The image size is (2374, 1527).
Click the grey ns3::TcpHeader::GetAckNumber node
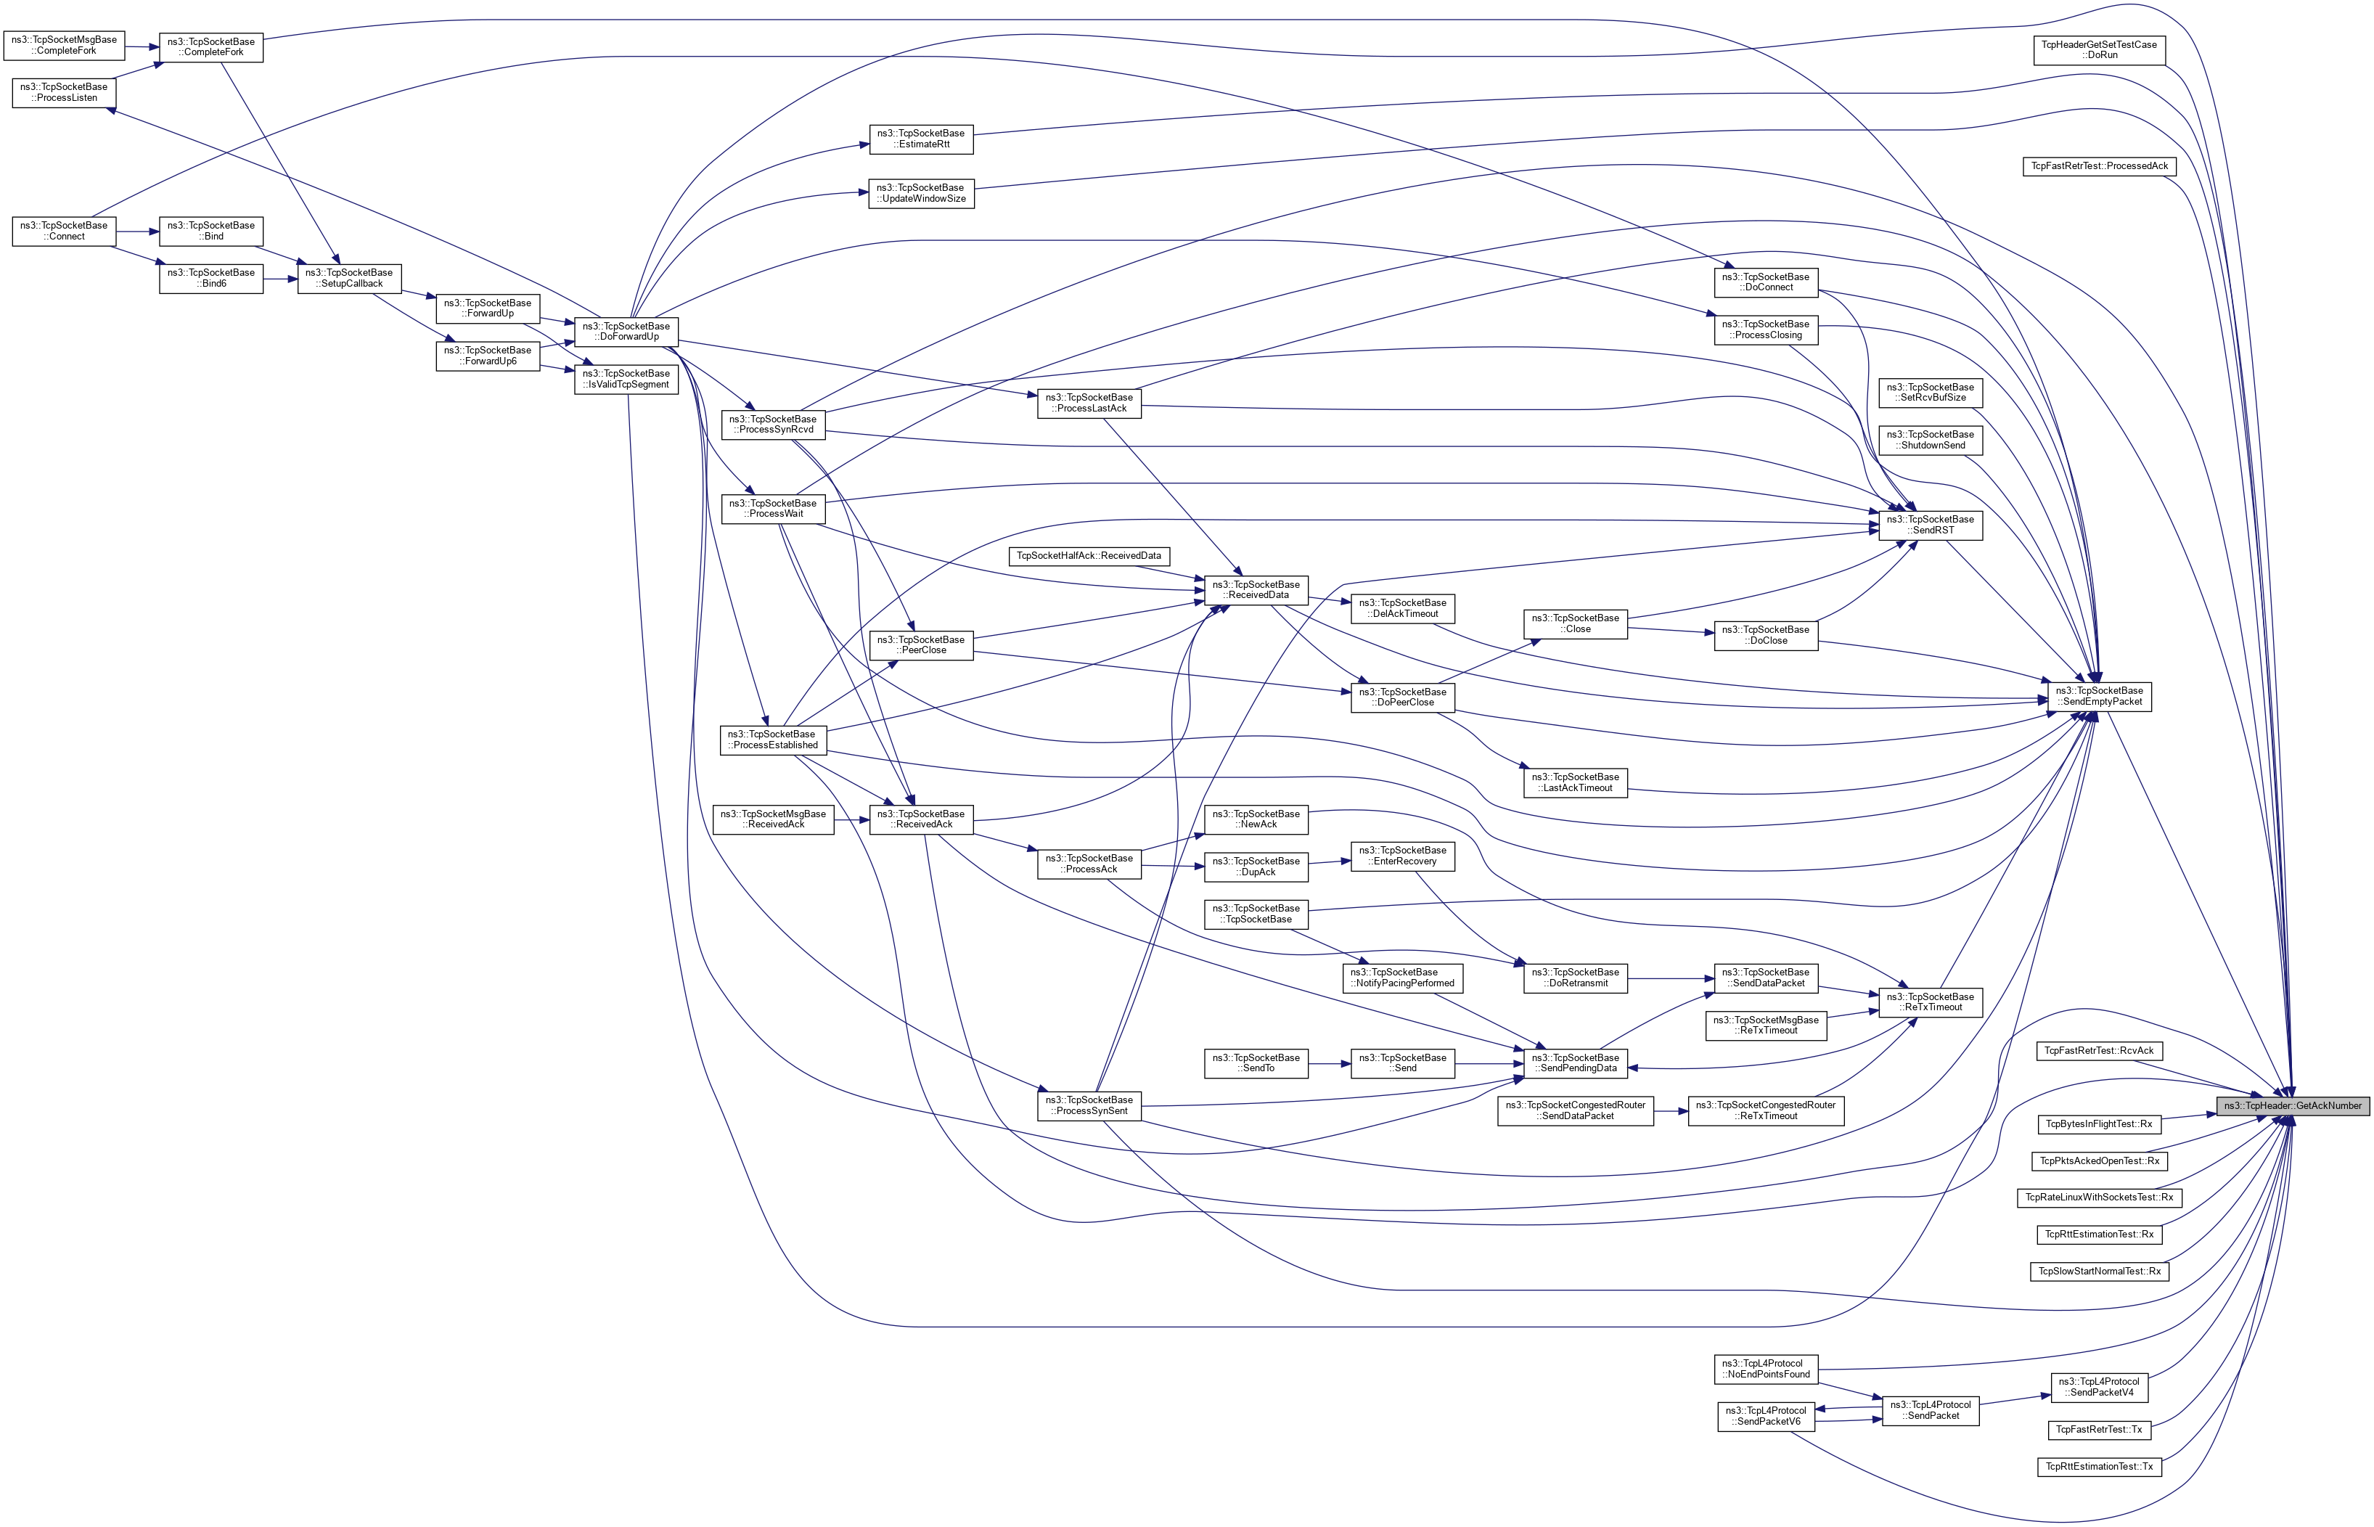(2292, 1105)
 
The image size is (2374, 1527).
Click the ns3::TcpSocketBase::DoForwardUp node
(626, 331)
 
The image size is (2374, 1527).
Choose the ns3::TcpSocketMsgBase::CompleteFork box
(65, 44)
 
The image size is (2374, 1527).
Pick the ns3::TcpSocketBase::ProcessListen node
(65, 92)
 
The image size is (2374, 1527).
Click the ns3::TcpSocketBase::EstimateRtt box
(921, 139)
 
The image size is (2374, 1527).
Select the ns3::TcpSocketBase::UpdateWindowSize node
(921, 193)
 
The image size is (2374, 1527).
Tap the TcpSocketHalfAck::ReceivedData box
(1088, 555)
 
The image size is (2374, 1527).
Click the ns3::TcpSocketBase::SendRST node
(1931, 525)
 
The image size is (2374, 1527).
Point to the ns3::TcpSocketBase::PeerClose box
(921, 644)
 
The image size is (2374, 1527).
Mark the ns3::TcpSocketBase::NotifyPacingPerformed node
(1402, 978)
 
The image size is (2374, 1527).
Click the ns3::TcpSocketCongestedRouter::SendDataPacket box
(1575, 1110)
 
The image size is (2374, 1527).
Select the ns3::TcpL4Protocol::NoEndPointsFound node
(1765, 1368)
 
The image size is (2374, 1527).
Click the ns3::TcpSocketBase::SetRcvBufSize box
(1930, 393)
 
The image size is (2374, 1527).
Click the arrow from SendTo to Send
(1329, 1064)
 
